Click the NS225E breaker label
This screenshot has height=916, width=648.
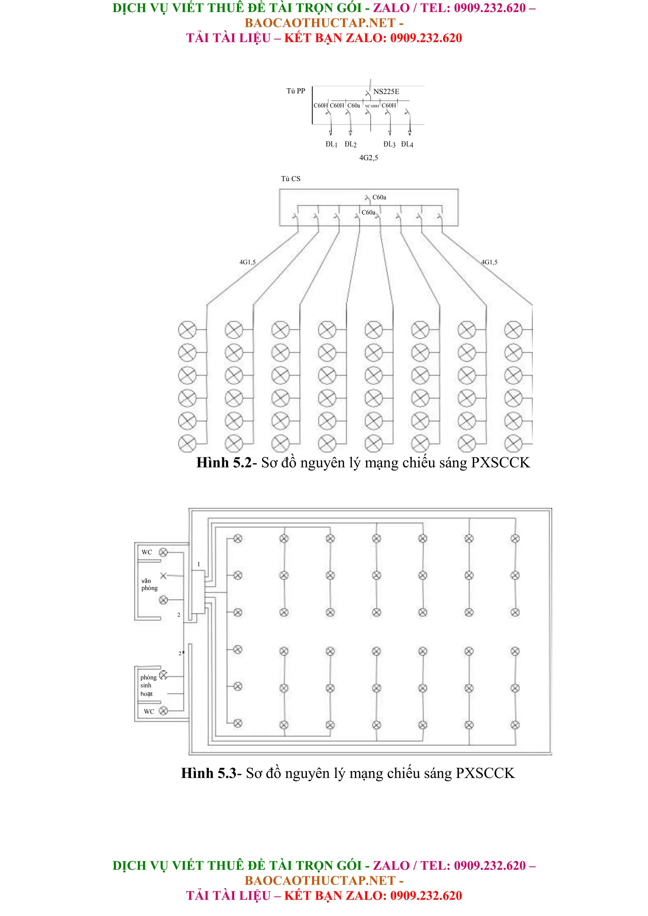(386, 92)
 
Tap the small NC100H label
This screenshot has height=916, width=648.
(372, 106)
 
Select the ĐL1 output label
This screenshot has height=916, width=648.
(331, 144)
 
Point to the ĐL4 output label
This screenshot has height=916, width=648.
(407, 144)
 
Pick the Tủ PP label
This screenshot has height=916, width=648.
(296, 91)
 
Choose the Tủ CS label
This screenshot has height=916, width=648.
(291, 179)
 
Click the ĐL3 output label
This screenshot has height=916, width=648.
(389, 144)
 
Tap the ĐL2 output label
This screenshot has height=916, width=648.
(350, 144)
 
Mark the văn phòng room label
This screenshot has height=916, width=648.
(149, 584)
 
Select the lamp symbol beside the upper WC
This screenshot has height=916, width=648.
(163, 552)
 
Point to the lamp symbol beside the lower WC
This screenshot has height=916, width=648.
(163, 711)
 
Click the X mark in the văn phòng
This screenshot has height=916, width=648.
(163, 576)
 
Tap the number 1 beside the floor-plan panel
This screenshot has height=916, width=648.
(198, 564)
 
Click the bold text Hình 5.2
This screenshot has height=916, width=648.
(224, 463)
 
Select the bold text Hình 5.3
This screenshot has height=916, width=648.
(209, 773)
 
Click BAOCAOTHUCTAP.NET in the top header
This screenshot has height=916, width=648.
(320, 23)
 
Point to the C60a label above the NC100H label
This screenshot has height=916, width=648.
(354, 105)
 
